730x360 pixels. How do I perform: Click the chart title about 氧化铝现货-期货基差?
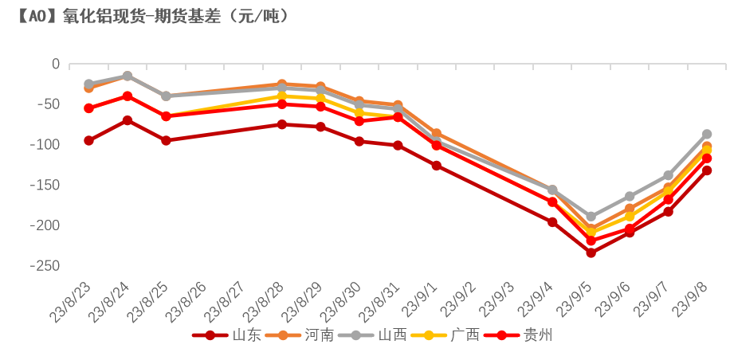[x=151, y=15]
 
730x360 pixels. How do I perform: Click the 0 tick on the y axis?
[x=55, y=64]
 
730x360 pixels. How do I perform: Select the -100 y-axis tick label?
[x=41, y=144]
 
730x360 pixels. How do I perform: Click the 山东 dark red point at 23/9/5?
[x=591, y=252]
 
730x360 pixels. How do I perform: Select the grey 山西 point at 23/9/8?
[x=707, y=134]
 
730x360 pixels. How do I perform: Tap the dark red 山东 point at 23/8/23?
[x=88, y=141]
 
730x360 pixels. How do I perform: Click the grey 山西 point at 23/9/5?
[x=591, y=217]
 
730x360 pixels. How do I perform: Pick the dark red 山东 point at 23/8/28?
[x=281, y=124]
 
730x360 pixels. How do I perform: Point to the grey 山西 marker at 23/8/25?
[x=166, y=96]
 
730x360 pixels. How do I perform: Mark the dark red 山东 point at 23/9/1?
[x=436, y=166]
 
